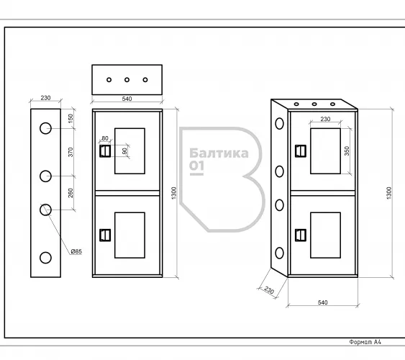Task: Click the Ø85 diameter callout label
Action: coord(76,251)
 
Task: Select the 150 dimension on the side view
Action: coord(70,118)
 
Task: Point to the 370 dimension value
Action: coord(70,152)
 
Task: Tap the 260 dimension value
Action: coord(70,193)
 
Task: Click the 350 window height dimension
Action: coord(347,151)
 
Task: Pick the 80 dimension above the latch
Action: coord(105,138)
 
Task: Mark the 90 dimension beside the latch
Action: coord(124,150)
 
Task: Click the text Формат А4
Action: coord(365,342)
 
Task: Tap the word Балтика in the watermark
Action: coord(219,153)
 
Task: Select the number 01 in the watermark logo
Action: coord(196,166)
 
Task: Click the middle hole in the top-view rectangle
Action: coord(127,80)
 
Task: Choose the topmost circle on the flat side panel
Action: coord(45,128)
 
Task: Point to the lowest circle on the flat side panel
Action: coord(45,258)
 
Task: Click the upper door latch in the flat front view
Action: coord(105,151)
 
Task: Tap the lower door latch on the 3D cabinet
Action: coord(301,235)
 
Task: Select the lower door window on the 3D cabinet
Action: coord(325,235)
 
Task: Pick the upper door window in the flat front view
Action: coord(129,151)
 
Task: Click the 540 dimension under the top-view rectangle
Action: coord(127,99)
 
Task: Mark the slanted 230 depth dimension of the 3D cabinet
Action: coord(269,290)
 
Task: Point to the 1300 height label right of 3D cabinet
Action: coord(389,193)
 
